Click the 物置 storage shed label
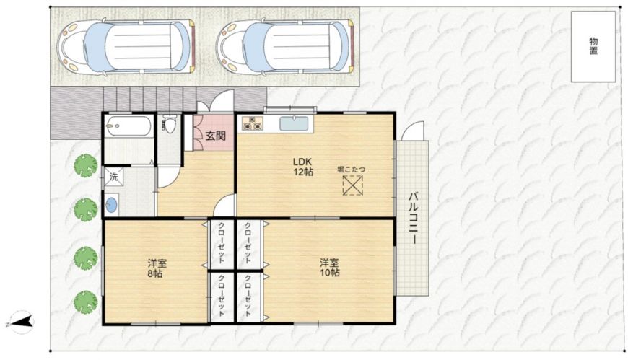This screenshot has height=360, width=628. tap(593, 46)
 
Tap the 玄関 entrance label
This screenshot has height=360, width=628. tap(216, 136)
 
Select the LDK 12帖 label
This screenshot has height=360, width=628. tap(302, 167)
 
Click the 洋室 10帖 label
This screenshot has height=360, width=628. tap(330, 268)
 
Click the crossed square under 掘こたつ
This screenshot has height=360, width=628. tap(352, 186)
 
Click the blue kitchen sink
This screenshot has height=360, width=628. tap(294, 123)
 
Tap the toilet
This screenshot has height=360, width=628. tap(170, 124)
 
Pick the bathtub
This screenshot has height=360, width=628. tap(128, 126)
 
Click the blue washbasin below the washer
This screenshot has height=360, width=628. tap(112, 206)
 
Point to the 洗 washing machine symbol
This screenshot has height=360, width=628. tap(114, 177)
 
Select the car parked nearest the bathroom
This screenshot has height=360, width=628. tap(126, 47)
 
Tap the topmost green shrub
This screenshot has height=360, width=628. tap(86, 166)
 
